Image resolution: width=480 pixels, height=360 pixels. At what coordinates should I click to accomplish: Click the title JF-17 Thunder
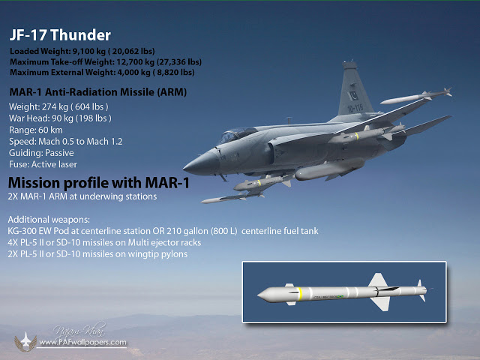[60, 35]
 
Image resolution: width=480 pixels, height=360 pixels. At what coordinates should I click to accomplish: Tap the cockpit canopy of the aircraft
[235, 135]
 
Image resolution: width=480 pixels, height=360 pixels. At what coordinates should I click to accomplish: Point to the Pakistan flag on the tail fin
[353, 95]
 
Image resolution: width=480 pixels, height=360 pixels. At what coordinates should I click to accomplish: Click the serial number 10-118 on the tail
[355, 108]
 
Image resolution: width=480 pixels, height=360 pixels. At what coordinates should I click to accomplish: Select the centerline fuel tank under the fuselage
[329, 169]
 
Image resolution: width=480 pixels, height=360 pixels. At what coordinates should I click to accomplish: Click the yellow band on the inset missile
[300, 293]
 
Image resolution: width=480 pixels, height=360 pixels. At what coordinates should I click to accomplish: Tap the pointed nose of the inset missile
[262, 295]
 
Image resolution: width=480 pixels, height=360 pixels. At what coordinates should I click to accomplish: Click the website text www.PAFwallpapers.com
[82, 342]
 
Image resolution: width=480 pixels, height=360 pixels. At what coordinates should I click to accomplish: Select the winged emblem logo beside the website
[25, 341]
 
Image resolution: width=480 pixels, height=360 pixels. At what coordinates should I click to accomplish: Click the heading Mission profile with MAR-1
[98, 183]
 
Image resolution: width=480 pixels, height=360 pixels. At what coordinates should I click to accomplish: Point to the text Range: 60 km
[36, 130]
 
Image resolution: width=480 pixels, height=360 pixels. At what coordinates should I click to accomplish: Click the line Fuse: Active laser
[43, 164]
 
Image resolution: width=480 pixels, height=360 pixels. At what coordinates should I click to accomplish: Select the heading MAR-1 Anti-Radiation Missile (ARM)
[98, 92]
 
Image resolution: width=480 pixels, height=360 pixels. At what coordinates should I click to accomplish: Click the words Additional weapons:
[49, 220]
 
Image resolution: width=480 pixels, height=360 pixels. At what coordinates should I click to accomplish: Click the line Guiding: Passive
[41, 153]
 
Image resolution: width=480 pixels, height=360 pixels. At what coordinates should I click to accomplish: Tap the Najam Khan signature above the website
[79, 330]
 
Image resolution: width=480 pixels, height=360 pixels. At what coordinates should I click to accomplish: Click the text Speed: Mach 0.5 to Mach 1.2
[65, 142]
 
